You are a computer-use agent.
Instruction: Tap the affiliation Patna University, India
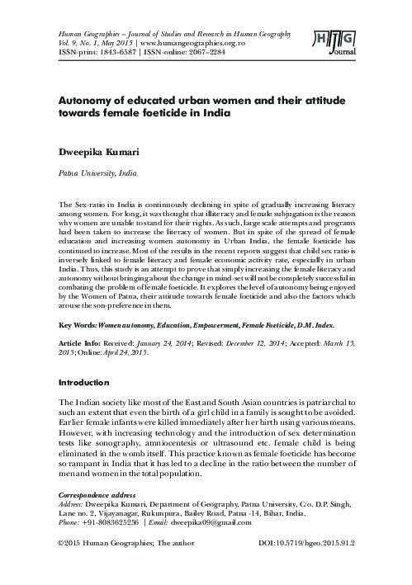click(x=95, y=174)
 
